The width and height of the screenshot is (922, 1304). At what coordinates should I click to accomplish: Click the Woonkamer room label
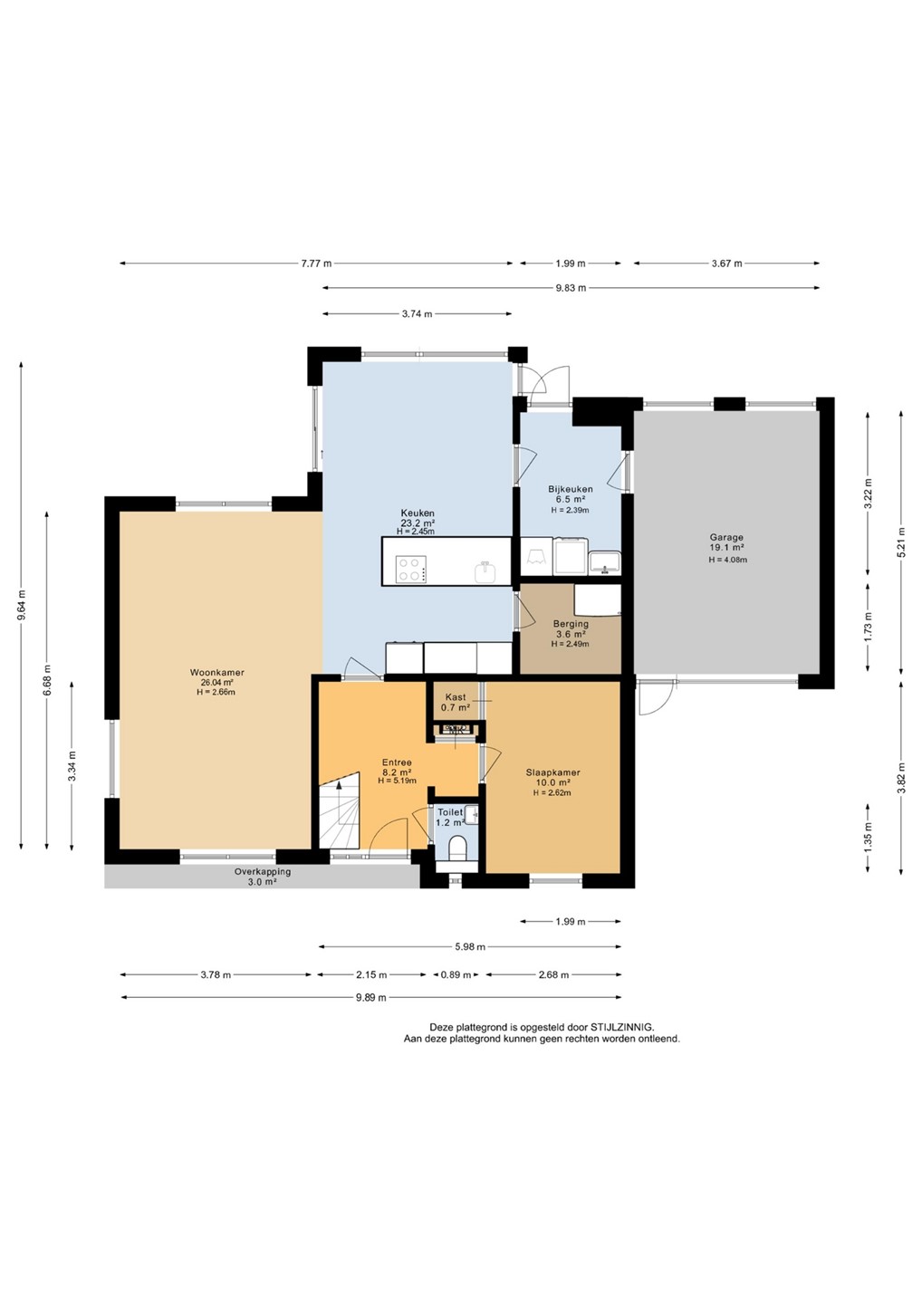click(216, 672)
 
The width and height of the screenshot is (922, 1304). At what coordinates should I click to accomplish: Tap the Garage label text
click(725, 537)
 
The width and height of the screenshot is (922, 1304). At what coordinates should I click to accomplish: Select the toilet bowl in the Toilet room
click(457, 849)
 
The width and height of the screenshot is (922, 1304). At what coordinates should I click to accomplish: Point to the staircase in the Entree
click(339, 810)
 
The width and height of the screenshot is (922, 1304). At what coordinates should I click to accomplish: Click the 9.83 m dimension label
click(571, 288)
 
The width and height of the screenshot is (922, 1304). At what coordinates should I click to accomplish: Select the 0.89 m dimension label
click(456, 974)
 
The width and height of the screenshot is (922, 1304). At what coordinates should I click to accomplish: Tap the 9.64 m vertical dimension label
click(22, 606)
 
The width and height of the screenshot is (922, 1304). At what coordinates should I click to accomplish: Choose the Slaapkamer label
click(553, 772)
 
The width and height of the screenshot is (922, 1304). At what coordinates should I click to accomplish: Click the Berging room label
click(571, 624)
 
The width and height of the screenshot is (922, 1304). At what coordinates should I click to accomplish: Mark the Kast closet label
click(456, 697)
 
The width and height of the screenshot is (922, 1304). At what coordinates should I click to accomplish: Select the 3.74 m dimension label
click(417, 314)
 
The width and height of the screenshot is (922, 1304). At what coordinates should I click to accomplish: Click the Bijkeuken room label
click(571, 489)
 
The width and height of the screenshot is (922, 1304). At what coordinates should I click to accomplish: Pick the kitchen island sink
click(485, 571)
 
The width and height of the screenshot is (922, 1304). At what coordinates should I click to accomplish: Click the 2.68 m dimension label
click(553, 974)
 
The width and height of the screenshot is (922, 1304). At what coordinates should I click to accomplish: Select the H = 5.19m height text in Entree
click(397, 781)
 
